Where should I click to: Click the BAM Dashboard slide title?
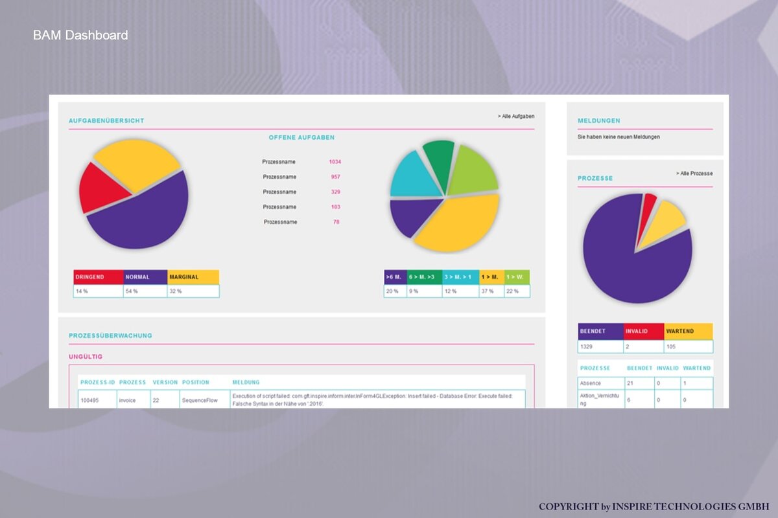80,35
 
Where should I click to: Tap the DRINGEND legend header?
99,277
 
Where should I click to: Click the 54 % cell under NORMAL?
145,291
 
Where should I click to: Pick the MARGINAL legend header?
193,277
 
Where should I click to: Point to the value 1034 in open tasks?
335,162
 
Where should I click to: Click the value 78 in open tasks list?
336,221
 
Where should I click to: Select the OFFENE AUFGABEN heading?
301,137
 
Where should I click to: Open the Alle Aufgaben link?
516,117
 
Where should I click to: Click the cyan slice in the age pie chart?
414,177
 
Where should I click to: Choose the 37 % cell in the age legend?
491,291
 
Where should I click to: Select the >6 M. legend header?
395,277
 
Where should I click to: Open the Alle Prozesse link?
694,173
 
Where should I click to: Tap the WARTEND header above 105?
689,332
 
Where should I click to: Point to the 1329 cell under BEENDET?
600,346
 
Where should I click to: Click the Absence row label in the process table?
591,383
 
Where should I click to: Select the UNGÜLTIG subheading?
86,357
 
